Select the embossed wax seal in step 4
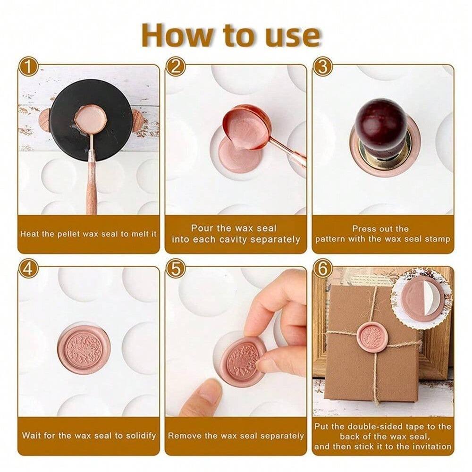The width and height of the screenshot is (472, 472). (84, 348)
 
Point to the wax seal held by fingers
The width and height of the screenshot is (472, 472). (243, 361)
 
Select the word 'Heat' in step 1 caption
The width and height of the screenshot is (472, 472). (29, 234)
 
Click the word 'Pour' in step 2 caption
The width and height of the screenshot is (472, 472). (202, 228)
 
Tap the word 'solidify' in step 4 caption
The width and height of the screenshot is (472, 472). (140, 436)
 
